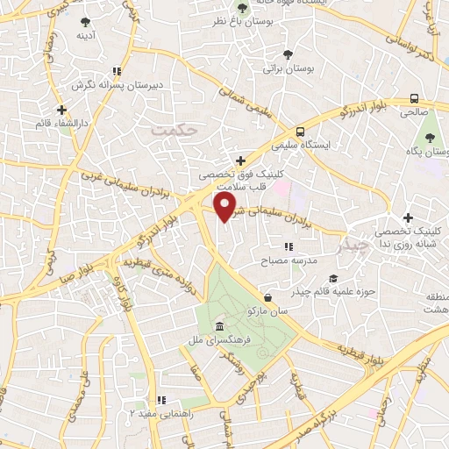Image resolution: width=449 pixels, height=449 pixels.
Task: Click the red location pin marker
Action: pos(224,206)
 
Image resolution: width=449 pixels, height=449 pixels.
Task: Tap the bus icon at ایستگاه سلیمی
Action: pos(301,132)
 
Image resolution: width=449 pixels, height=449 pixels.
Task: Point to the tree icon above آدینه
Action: pos(85,22)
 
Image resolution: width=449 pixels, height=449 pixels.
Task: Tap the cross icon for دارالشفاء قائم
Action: pos(61,110)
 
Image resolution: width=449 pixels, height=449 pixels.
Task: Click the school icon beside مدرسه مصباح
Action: pos(288,248)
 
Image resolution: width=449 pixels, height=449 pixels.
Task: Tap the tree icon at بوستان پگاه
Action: pos(430,137)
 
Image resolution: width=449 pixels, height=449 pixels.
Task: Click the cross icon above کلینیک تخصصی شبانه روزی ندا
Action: pos(407,217)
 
